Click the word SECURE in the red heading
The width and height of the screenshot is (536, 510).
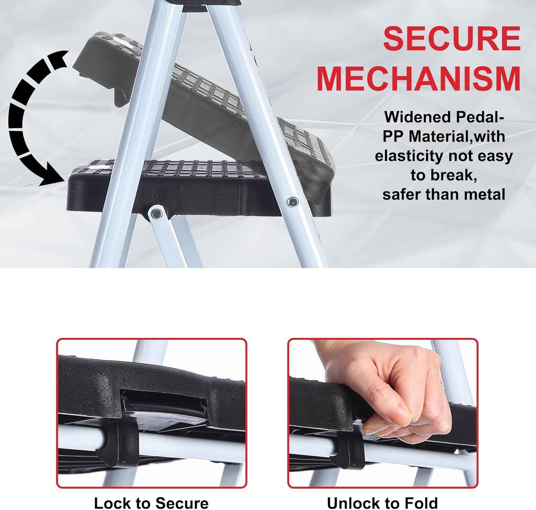[452, 39]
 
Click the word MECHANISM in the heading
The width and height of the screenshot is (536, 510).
[418, 79]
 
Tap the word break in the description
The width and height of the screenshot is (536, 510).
[454, 175]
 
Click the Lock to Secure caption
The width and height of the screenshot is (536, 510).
[151, 502]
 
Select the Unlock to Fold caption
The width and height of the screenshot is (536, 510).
[382, 502]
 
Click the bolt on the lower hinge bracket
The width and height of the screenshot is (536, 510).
[156, 214]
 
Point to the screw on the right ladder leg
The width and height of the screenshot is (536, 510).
[293, 202]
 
